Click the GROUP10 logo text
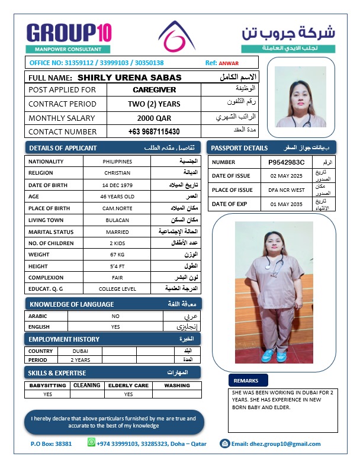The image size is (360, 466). point(69,32)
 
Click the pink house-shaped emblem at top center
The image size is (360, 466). point(178,36)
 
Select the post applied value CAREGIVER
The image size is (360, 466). point(154,90)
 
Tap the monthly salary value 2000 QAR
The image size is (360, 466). point(154,118)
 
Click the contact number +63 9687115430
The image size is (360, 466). point(154,131)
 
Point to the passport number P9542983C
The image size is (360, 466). point(286,162)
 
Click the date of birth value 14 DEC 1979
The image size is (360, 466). point(117,185)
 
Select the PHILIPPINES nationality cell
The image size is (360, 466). point(117,162)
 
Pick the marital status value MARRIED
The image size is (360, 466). point(117,232)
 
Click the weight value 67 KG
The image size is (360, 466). point(117,255)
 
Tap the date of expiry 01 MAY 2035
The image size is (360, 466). point(286,204)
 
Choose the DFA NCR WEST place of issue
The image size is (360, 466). point(286,190)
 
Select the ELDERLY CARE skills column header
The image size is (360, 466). point(128,385)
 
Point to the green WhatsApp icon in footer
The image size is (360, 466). point(91,442)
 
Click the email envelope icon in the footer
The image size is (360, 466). point(224,443)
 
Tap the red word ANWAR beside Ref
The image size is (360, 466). point(229,63)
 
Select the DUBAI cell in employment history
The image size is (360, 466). point(81,351)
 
